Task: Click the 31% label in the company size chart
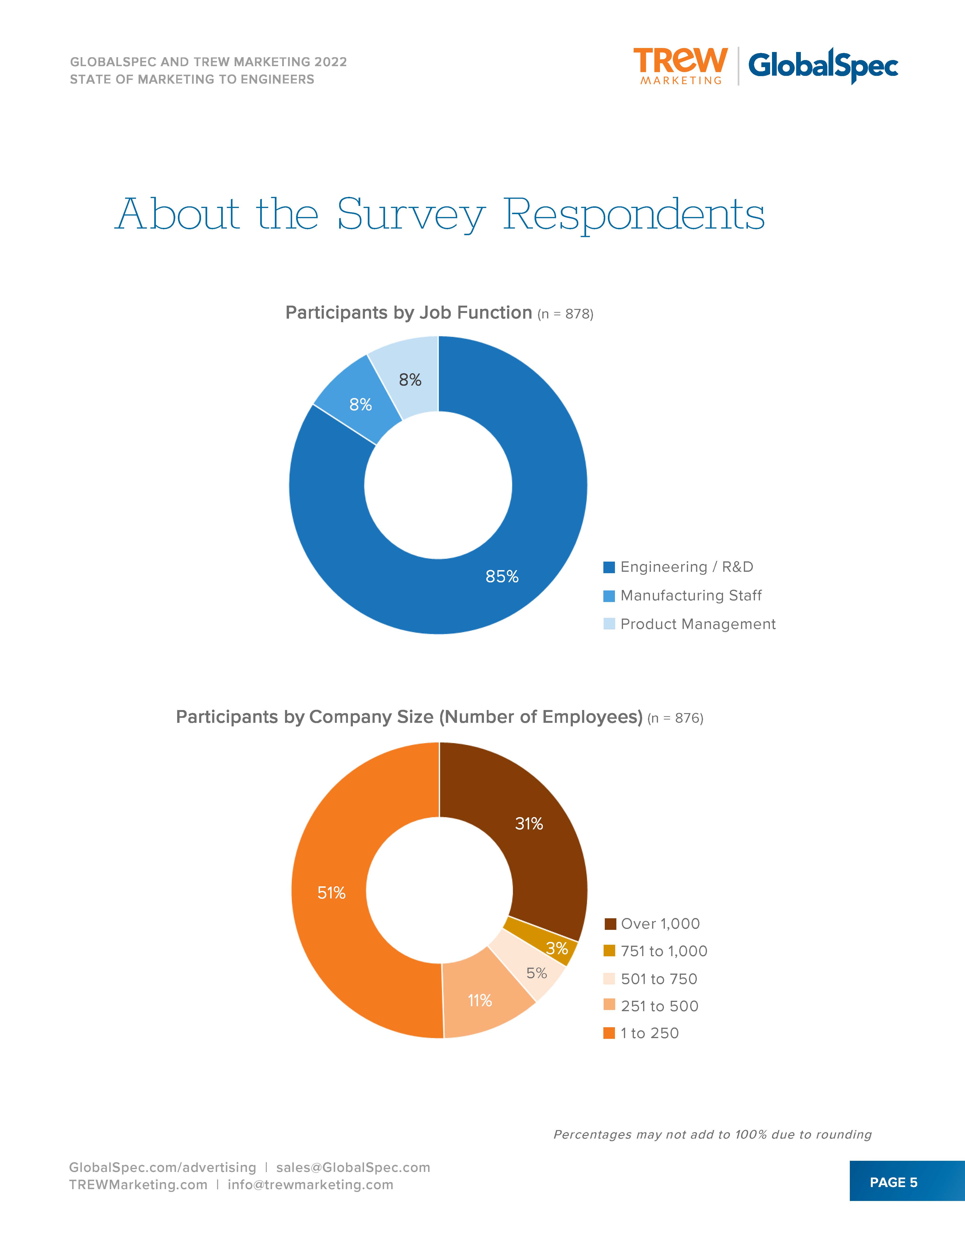[x=529, y=823]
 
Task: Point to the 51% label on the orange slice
[x=332, y=893]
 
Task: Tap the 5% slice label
[x=536, y=973]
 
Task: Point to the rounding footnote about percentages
[x=712, y=1134]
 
